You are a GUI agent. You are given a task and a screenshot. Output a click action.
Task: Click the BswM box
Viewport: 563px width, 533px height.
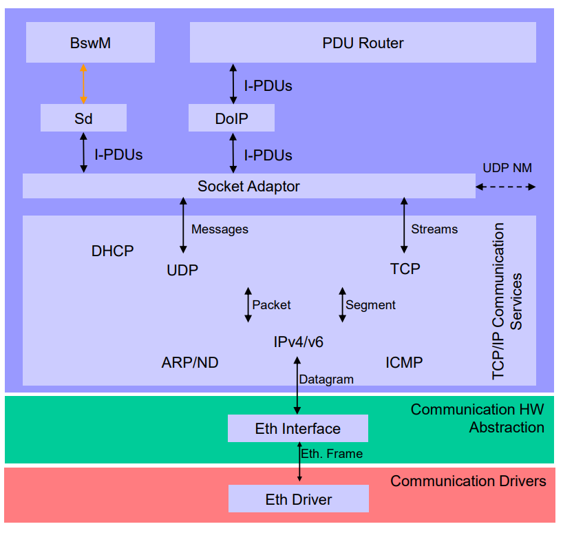pos(90,43)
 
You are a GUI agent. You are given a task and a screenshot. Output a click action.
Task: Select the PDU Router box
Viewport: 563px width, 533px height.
pos(363,43)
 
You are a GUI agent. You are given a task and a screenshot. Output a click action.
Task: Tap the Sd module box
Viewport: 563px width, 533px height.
pos(83,118)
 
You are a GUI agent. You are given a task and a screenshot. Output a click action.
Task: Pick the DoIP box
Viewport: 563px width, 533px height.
pos(231,118)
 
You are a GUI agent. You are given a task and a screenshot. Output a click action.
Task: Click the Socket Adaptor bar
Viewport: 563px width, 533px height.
pos(248,186)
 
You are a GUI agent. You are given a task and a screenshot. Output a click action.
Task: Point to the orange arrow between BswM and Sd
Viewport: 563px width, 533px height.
pos(83,84)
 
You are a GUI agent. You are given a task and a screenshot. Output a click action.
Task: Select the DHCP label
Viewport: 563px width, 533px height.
pos(112,251)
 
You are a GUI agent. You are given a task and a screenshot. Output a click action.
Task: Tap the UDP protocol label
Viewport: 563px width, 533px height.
pos(182,270)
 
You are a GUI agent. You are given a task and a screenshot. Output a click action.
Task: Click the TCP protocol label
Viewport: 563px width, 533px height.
pos(405,269)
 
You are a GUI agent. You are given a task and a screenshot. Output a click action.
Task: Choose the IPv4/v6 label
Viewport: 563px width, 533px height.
pos(298,341)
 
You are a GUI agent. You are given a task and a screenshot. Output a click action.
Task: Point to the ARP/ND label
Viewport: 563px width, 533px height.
pos(190,362)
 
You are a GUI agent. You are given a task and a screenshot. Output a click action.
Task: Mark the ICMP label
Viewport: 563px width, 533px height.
pos(404,362)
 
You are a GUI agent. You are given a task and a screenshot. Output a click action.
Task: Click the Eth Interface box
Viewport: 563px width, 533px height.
pos(297,428)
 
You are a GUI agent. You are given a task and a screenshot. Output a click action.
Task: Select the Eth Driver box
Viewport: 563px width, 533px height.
pos(298,499)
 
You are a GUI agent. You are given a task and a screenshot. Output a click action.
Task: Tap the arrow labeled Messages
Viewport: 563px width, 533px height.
pos(183,225)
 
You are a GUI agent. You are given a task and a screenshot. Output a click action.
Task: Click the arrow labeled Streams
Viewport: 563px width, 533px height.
pos(404,225)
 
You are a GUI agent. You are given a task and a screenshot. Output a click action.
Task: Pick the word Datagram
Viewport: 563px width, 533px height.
pos(326,379)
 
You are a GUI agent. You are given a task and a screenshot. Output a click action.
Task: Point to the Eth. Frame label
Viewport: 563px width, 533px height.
pos(332,453)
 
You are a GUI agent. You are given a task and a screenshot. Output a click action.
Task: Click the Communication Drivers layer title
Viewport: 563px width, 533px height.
pos(468,481)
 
